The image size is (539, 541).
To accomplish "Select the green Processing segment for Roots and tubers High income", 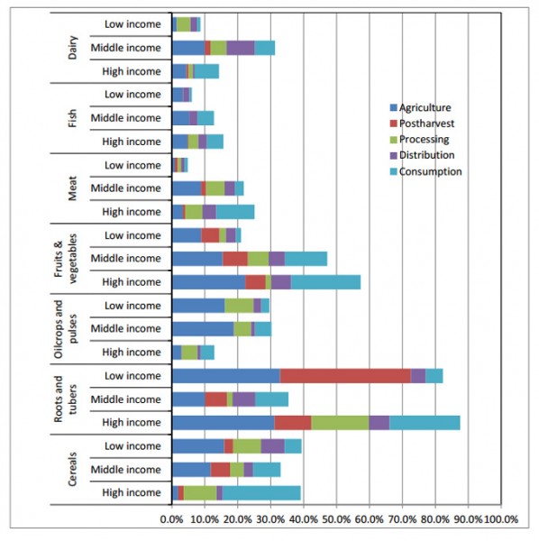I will [340, 423].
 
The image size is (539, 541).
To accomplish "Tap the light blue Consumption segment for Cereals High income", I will [261, 492].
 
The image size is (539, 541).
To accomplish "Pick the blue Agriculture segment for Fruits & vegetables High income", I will [208, 282].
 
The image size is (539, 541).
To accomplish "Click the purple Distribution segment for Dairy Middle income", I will [240, 48].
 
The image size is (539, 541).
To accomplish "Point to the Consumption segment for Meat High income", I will [234, 212].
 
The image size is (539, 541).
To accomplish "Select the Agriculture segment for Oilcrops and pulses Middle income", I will [202, 329].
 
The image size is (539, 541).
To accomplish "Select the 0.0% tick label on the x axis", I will [171, 520].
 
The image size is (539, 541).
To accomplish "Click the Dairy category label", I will [73, 48].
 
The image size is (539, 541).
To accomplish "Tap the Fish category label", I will [73, 118].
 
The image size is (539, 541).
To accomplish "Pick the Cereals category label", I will [73, 469].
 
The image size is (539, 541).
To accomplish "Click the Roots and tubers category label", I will [66, 399].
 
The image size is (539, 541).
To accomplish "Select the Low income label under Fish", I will [132, 95].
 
